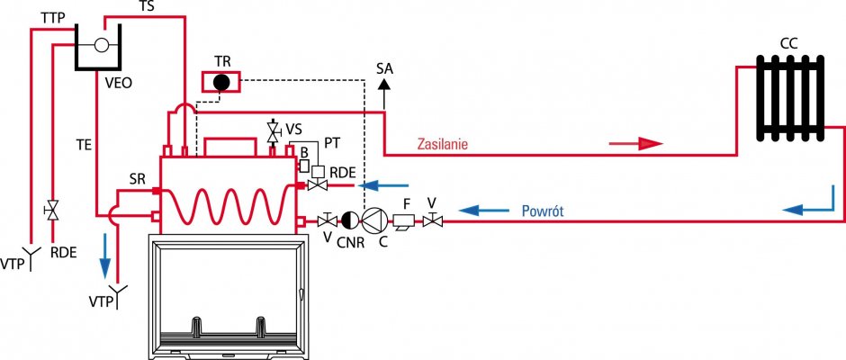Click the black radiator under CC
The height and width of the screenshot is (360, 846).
[790, 97]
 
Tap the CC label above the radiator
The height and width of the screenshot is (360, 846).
[788, 43]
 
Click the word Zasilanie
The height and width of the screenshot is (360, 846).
[443, 145]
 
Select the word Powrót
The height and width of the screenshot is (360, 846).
[543, 211]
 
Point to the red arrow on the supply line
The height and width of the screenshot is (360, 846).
[635, 144]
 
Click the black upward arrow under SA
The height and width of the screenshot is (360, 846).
[384, 94]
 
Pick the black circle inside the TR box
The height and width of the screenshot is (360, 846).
[221, 82]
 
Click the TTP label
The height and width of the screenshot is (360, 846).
[53, 19]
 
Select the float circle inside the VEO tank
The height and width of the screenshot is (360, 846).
[102, 45]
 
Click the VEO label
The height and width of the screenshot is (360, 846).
[119, 84]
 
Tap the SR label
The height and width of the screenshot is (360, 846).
[138, 180]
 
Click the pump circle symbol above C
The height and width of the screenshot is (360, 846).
[371, 220]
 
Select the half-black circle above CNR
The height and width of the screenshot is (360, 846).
[348, 220]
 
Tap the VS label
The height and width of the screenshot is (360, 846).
[293, 129]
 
